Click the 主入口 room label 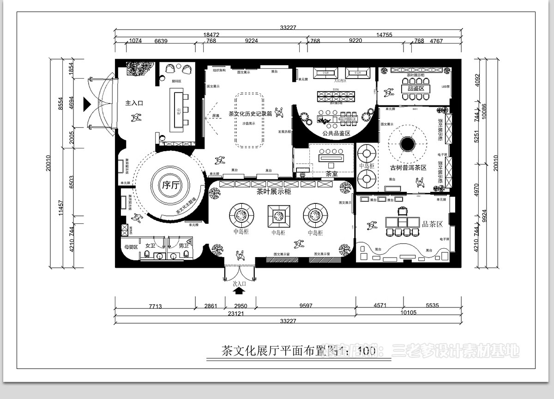(x=134, y=103)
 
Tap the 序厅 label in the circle (x=169, y=186)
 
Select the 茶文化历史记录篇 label (x=250, y=114)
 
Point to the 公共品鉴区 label (x=337, y=133)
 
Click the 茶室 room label (x=331, y=174)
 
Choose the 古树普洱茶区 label (x=408, y=167)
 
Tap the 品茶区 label (x=433, y=224)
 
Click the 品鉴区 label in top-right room (x=412, y=88)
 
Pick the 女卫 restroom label (x=151, y=246)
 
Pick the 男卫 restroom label (x=184, y=246)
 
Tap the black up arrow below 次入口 (x=239, y=291)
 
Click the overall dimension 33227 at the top (x=288, y=27)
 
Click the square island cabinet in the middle (x=278, y=215)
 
